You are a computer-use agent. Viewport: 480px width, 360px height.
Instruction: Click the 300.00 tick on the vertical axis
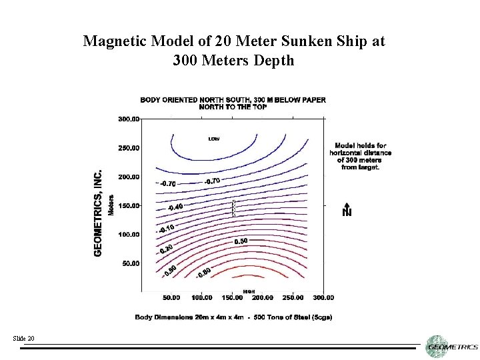(x=129, y=119)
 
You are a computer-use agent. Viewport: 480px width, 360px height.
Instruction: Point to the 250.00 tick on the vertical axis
(x=129, y=148)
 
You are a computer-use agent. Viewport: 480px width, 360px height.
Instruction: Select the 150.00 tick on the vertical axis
(x=129, y=206)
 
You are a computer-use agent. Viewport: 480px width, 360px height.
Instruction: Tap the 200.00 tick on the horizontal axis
(x=263, y=297)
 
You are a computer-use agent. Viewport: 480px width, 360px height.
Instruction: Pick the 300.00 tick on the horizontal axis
(x=323, y=297)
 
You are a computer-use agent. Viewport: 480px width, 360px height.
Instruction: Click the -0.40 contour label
(x=175, y=207)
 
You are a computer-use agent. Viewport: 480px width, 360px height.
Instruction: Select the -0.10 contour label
(x=167, y=229)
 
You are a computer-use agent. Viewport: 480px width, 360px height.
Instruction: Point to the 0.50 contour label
(x=241, y=240)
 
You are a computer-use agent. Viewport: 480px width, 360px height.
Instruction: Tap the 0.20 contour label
(x=167, y=248)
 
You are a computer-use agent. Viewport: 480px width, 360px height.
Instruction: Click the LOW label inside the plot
(x=214, y=139)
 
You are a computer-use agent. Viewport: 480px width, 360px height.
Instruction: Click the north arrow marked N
(x=347, y=209)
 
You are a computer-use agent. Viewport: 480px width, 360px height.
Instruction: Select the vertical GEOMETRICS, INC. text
(x=98, y=212)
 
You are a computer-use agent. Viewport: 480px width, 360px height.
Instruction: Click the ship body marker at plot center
(x=233, y=208)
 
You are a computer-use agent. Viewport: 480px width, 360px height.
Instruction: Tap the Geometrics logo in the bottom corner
(x=452, y=345)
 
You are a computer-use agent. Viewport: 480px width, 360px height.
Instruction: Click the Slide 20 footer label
(x=23, y=339)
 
